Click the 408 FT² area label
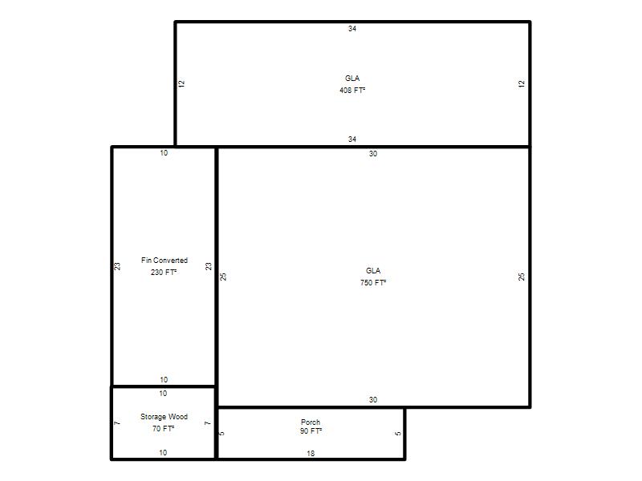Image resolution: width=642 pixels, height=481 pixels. [x=352, y=91]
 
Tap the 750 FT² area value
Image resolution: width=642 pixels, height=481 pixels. [x=373, y=283]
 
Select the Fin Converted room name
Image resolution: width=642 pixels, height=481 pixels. [x=165, y=260]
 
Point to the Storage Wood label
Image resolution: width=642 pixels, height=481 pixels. [x=164, y=416]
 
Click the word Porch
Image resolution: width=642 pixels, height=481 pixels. [x=311, y=422]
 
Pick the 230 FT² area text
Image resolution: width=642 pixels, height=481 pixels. [x=164, y=272]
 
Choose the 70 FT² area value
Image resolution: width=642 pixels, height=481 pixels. [x=163, y=428]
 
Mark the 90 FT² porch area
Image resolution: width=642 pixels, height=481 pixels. [x=311, y=430]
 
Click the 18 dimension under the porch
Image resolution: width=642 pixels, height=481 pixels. [x=311, y=453]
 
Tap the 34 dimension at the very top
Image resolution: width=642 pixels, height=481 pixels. [x=352, y=29]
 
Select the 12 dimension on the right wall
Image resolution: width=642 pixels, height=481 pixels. [x=521, y=84]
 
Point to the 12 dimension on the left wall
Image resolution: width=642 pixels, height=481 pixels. [x=181, y=84]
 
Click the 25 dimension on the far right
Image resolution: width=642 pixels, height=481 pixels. [x=521, y=277]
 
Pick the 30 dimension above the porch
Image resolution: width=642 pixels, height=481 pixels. [x=373, y=399]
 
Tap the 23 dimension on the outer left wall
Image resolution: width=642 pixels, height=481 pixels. [x=117, y=266]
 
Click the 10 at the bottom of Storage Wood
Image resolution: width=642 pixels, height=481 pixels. [x=163, y=453]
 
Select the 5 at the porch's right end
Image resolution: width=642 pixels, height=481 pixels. [x=398, y=434]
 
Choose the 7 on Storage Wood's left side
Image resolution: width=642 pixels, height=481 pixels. [x=117, y=423]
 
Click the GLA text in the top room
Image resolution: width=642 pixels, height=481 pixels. [x=352, y=78]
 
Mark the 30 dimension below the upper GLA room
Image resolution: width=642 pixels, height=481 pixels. [x=373, y=154]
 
